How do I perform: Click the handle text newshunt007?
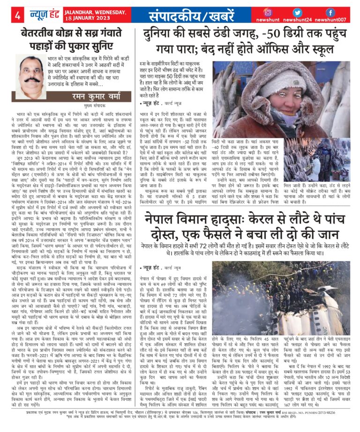(x=331, y=20)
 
